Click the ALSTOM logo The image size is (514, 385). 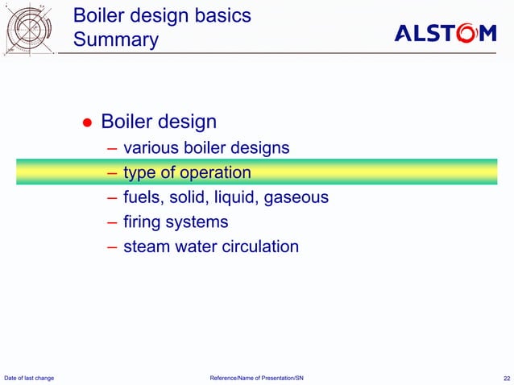coord(445,33)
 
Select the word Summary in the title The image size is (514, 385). coord(115,39)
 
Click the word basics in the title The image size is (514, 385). coord(222,15)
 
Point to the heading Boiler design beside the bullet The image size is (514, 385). coord(159,122)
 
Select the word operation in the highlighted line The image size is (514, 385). coord(215,172)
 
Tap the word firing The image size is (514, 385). coord(144,222)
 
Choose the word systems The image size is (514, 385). coord(200,222)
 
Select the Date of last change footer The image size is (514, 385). coord(30,378)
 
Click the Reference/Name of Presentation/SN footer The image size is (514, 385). coord(256,378)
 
